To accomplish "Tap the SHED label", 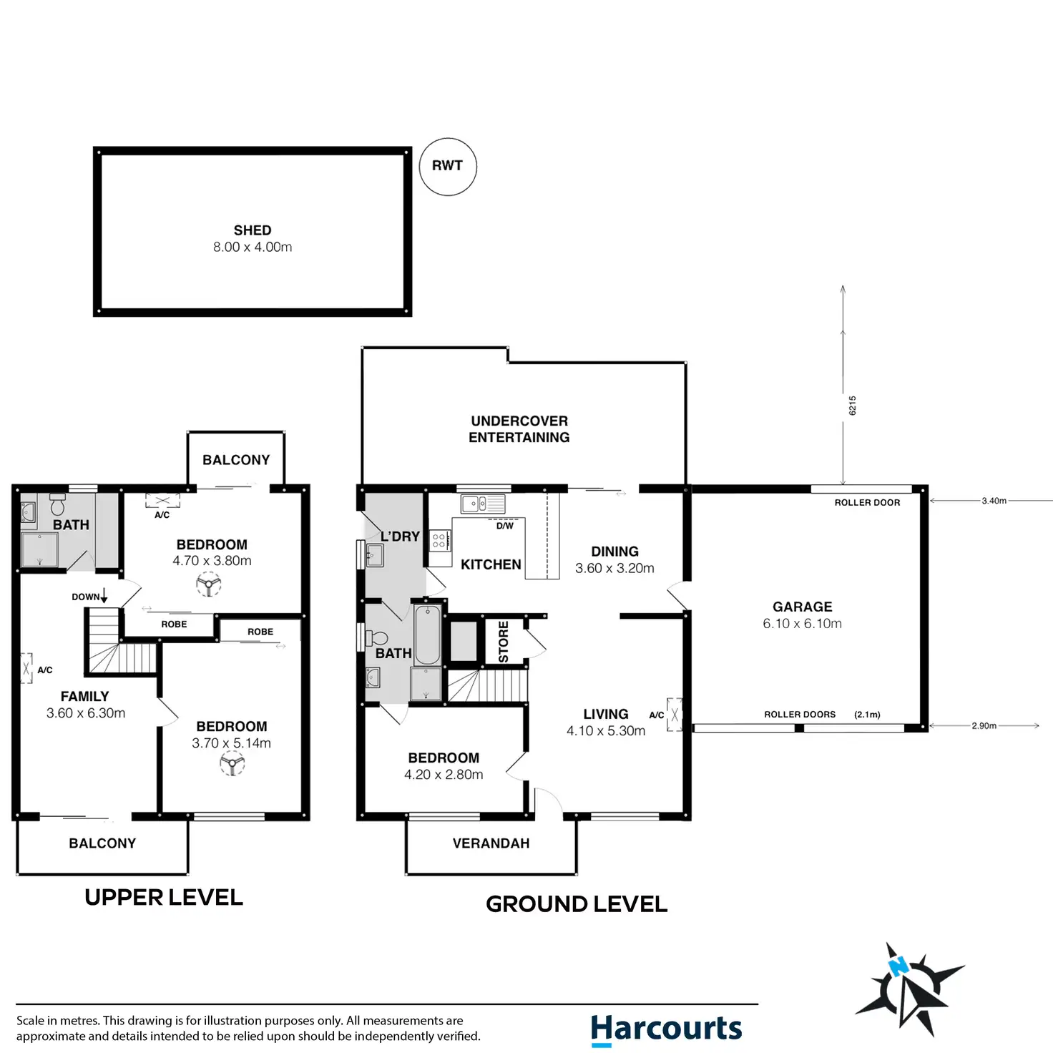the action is pyautogui.click(x=253, y=230).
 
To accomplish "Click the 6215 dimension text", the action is pyautogui.click(x=853, y=406).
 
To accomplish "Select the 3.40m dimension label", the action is pyautogui.click(x=994, y=501).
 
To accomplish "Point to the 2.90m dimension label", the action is pyautogui.click(x=984, y=725).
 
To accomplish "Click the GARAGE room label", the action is pyautogui.click(x=802, y=607).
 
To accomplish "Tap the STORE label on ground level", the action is pyautogui.click(x=504, y=642).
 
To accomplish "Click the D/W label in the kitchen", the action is pyautogui.click(x=505, y=526).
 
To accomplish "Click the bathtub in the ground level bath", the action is pyautogui.click(x=427, y=634).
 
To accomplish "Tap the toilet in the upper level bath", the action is pyautogui.click(x=57, y=505).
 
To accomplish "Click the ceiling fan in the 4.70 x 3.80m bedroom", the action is pyautogui.click(x=209, y=584).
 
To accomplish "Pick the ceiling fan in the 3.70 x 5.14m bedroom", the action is pyautogui.click(x=232, y=763).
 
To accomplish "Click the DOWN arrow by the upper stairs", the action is pyautogui.click(x=104, y=596).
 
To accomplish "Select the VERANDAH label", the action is pyautogui.click(x=491, y=843).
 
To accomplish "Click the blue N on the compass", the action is pyautogui.click(x=898, y=966).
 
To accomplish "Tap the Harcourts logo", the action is pyautogui.click(x=666, y=1029).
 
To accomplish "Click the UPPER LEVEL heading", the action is pyautogui.click(x=163, y=897).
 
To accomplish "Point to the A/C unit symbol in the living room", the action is pyautogui.click(x=675, y=715).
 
